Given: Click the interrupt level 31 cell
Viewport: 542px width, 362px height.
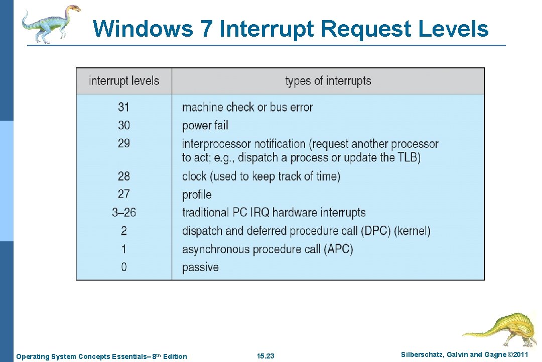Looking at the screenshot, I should [x=124, y=107].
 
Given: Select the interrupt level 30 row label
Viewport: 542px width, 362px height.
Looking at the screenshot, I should [x=124, y=125].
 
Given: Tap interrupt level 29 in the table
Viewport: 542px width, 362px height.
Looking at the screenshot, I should [x=124, y=143].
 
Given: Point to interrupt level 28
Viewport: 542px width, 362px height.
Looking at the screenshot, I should [x=124, y=176].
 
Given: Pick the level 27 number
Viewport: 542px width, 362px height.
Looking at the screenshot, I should [x=124, y=194].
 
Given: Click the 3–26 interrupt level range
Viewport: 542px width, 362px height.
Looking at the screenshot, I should [x=124, y=212].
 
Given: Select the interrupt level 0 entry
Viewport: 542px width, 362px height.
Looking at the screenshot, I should [x=124, y=267].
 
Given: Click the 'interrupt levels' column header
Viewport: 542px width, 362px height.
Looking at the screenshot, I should [x=124, y=81].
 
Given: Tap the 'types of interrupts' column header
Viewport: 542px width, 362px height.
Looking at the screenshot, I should [x=328, y=81].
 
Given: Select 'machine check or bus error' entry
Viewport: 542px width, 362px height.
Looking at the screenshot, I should [x=247, y=107].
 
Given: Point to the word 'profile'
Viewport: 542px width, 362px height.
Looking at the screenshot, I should [x=197, y=195].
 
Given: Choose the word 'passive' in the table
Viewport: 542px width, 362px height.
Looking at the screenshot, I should [x=200, y=267].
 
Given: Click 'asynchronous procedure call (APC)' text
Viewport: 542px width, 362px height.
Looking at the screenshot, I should [x=267, y=249].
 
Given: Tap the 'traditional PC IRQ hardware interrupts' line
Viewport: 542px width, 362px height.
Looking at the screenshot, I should [x=274, y=212].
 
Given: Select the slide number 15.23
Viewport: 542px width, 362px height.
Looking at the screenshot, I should [x=265, y=356].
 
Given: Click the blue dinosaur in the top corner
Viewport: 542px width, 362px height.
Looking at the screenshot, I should [x=51, y=23].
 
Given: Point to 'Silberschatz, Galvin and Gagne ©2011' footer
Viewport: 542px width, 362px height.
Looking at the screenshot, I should [x=465, y=355].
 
